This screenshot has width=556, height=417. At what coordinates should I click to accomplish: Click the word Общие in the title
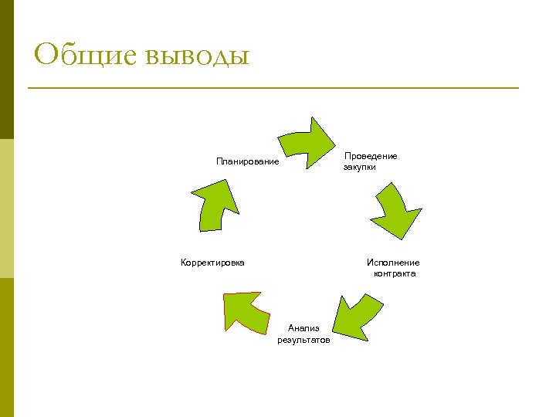86,56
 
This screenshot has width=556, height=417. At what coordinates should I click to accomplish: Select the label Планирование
247,161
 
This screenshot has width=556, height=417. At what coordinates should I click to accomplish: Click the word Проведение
371,156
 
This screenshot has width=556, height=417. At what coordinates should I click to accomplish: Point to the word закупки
360,167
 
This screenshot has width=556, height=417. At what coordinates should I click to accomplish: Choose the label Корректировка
212,263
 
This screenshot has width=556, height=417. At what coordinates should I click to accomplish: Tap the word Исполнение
393,263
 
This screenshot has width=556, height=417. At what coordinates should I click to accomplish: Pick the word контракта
395,273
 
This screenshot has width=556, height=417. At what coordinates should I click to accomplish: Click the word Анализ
303,328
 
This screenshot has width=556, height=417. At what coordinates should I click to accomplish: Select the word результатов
303,340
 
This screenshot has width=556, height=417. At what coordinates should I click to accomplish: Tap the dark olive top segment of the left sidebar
6,69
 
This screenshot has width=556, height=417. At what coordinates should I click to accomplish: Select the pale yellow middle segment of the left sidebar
6,208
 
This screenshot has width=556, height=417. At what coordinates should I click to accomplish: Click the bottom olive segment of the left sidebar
6,347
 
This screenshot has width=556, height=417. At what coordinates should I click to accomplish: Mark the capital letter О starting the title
47,55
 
